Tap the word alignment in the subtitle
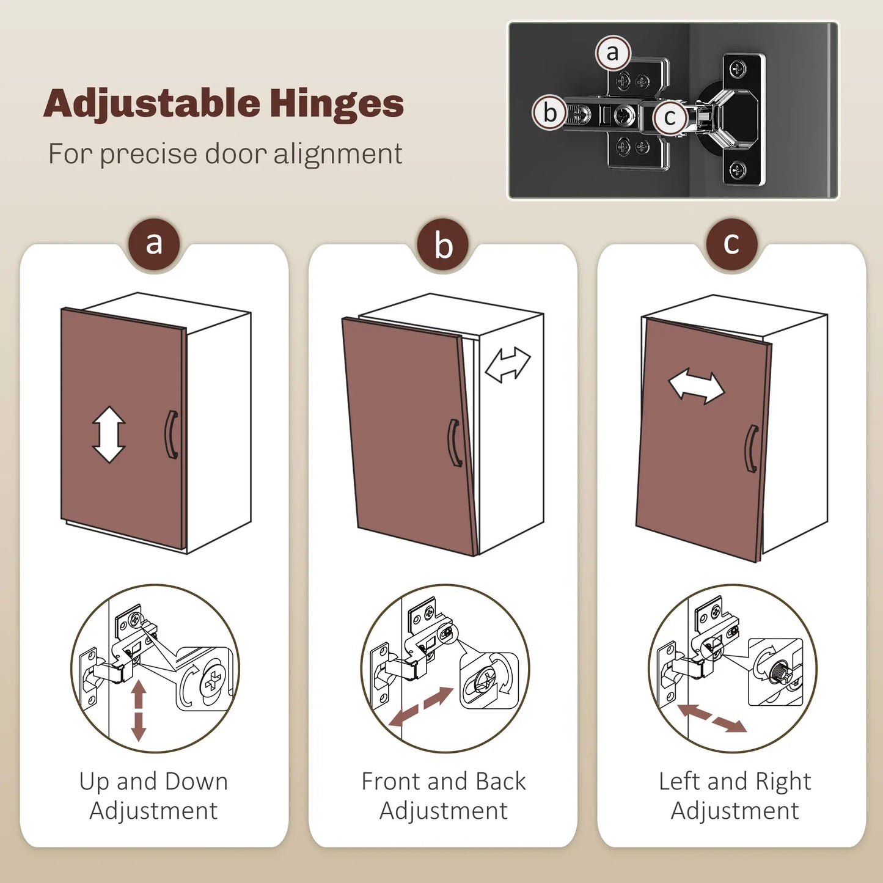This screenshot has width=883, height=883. [338, 155]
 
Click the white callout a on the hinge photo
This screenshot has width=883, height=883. [613, 53]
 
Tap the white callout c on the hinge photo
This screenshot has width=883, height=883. [670, 118]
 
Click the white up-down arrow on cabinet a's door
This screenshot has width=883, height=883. [109, 434]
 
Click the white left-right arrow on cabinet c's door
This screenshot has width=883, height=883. [697, 386]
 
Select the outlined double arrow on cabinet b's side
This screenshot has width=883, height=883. [508, 364]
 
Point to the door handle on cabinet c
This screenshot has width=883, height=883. [752, 449]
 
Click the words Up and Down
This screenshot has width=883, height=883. [153, 782]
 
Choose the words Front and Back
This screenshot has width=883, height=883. [444, 782]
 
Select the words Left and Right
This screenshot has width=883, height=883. [735, 782]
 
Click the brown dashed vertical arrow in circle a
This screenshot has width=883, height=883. [138, 711]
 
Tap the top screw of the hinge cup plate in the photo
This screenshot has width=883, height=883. [738, 69]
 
